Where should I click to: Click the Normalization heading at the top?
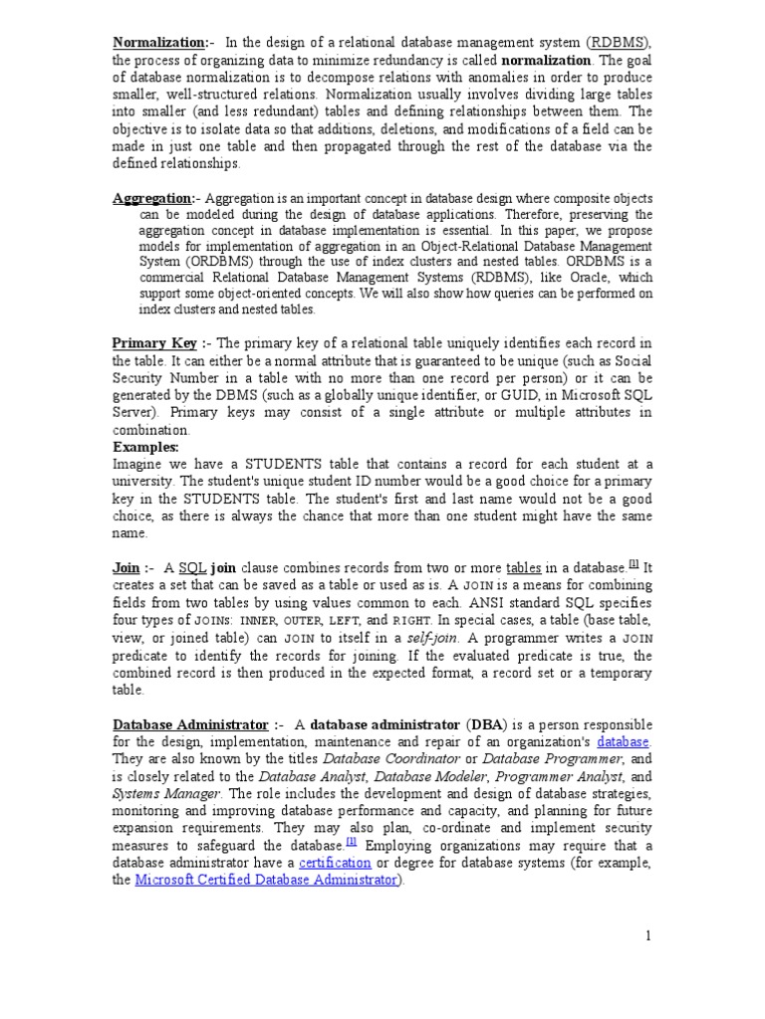coord(158,42)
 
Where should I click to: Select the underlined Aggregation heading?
coord(152,198)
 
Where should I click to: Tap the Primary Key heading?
coord(153,342)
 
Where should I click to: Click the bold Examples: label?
coord(145,448)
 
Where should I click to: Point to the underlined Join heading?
coord(126,567)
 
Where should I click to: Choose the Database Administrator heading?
coord(190,723)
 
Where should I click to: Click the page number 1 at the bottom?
coord(646,935)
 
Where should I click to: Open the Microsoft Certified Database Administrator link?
coord(265,880)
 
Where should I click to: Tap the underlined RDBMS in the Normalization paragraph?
coord(619,42)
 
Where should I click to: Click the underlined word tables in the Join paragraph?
coord(524,567)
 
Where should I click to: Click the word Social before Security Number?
coord(629,360)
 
